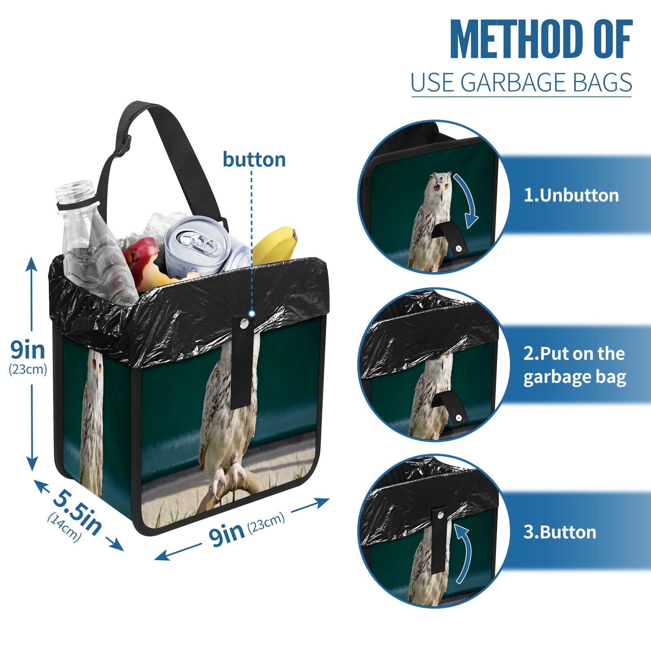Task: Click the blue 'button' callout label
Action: pyautogui.click(x=254, y=159)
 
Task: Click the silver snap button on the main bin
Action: pyautogui.click(x=244, y=324)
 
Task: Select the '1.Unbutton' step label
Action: pyautogui.click(x=571, y=195)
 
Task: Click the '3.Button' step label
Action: pyautogui.click(x=559, y=532)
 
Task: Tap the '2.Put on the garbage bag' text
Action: pyautogui.click(x=575, y=365)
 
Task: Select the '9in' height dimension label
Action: pyautogui.click(x=28, y=350)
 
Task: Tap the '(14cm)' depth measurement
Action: pyautogui.click(x=64, y=527)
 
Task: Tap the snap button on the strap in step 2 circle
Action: pyautogui.click(x=459, y=418)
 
